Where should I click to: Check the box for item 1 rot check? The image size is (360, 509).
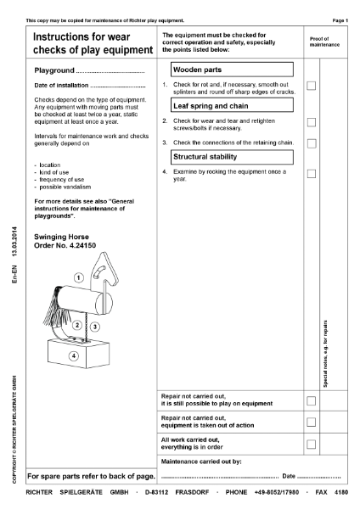[x=311, y=86]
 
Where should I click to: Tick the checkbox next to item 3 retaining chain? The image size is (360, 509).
[x=311, y=143]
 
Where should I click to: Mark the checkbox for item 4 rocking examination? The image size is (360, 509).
[x=311, y=173]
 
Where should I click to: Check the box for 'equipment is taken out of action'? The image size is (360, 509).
[x=311, y=422]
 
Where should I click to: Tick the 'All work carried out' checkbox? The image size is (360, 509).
[x=311, y=444]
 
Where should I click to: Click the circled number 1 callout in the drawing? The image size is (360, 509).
[x=77, y=277]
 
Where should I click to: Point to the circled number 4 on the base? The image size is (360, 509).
[x=73, y=355]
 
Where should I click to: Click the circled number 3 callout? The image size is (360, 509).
[x=94, y=326]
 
